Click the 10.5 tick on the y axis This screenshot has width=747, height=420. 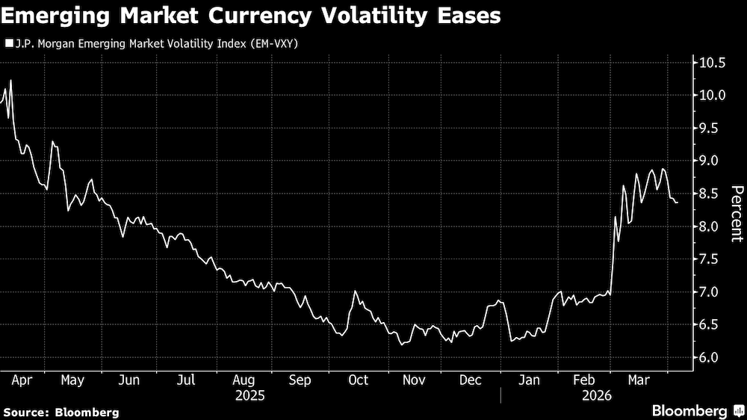click(x=712, y=63)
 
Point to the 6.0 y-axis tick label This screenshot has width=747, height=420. click(x=712, y=358)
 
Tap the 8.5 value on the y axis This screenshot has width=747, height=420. click(x=712, y=194)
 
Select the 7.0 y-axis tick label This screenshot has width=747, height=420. click(x=712, y=292)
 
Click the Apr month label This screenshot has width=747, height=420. click(x=21, y=380)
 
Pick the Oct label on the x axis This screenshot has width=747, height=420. click(x=359, y=380)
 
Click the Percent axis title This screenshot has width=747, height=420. click(x=737, y=214)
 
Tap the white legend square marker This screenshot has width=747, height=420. click(x=8, y=43)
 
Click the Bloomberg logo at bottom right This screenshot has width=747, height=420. click(x=697, y=411)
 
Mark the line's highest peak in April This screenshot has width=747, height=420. click(x=10, y=80)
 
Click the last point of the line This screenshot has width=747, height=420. click(x=678, y=203)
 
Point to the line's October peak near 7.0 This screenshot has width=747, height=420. click(x=355, y=291)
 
